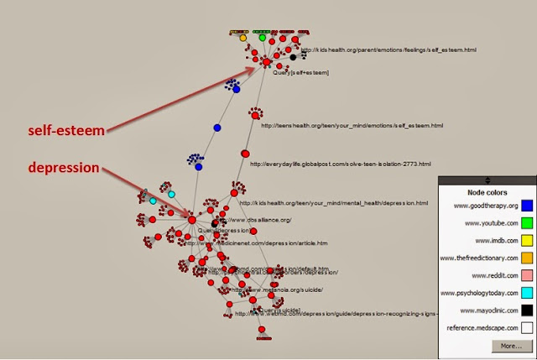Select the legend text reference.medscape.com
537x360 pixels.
(x=477, y=329)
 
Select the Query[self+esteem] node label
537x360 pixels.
(x=300, y=73)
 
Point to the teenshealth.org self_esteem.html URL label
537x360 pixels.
(x=352, y=126)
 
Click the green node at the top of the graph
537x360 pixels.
(x=262, y=38)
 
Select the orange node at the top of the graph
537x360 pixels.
(x=243, y=38)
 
